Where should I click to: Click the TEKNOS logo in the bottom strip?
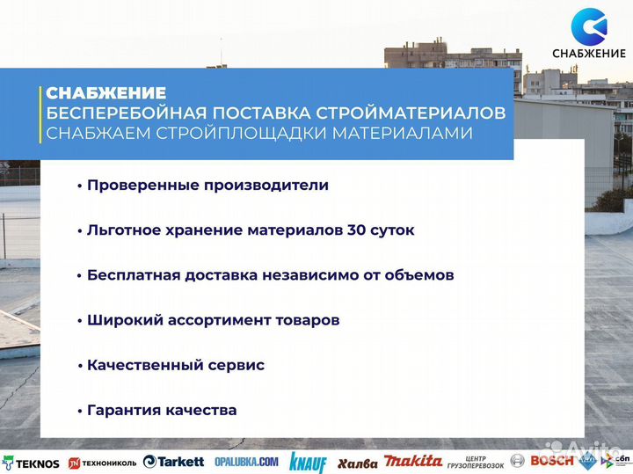click(x=31, y=463)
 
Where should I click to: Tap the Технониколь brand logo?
click(x=102, y=463)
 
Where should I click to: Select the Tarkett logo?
click(x=174, y=462)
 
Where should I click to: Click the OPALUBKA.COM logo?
click(x=245, y=462)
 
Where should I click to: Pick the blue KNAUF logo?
click(x=308, y=463)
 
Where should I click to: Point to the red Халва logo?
click(x=357, y=463)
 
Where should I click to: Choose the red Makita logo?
click(x=413, y=462)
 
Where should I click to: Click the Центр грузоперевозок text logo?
click(x=475, y=462)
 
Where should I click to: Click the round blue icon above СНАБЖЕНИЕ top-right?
click(x=588, y=26)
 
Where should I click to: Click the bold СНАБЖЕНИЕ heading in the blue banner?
click(x=106, y=93)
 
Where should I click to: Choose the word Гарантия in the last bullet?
click(x=123, y=410)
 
